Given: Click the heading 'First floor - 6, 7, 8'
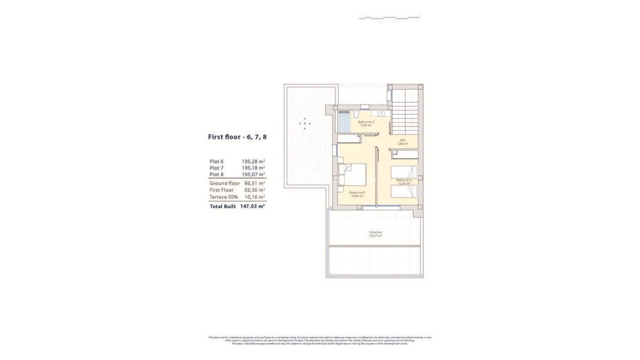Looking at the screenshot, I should [x=237, y=137].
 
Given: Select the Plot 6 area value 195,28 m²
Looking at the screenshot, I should [x=253, y=161].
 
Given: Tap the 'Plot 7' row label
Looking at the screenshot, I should [x=216, y=168].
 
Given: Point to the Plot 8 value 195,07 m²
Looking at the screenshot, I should [x=253, y=174].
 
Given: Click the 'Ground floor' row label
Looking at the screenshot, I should [x=224, y=183].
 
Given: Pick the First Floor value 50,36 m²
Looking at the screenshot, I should [x=254, y=190].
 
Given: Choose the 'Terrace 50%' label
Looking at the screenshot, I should [x=223, y=197].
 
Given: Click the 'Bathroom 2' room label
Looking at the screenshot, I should [x=366, y=121].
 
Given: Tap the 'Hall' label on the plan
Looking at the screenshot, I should [x=402, y=140].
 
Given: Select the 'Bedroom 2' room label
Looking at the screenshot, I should [x=404, y=180].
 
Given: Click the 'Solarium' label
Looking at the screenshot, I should [x=375, y=232].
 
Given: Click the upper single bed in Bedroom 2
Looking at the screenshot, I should [x=404, y=172].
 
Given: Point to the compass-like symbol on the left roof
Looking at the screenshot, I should [x=305, y=123].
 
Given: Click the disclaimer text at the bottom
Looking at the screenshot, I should [x=320, y=340].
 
